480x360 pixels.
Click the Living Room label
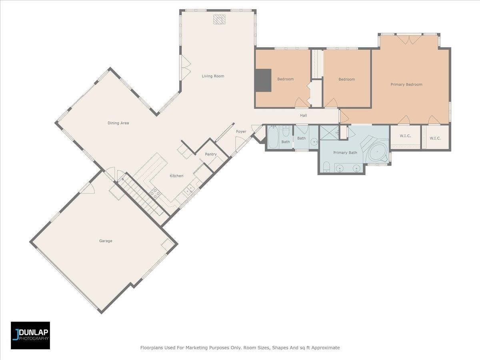[213, 76]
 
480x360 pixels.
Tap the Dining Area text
[118, 123]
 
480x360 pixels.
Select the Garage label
[106, 241]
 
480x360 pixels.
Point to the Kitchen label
[176, 176]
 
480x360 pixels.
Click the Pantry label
[211, 154]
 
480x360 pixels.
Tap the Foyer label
[241, 132]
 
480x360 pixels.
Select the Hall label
[303, 116]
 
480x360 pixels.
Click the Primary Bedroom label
[406, 84]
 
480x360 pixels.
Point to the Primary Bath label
[345, 152]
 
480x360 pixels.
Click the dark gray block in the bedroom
[263, 80]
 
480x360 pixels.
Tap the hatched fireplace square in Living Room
[219, 19]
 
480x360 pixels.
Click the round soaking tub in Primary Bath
[378, 152]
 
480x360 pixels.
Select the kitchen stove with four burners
[155, 194]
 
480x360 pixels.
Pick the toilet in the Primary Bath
[326, 166]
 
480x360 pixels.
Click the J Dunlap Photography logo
[30, 335]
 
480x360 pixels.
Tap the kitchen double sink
[189, 190]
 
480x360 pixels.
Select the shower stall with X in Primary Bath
[329, 132]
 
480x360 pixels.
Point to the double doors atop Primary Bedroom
[409, 39]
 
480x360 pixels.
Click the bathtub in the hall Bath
[273, 137]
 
